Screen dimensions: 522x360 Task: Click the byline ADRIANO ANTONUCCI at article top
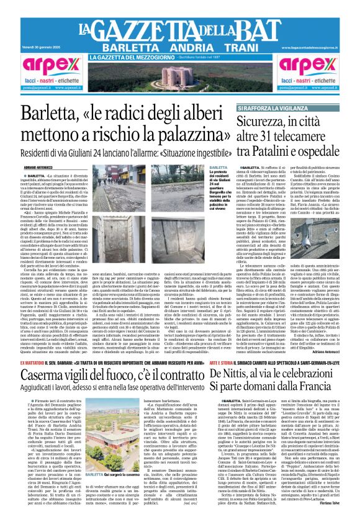[x=38, y=168]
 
